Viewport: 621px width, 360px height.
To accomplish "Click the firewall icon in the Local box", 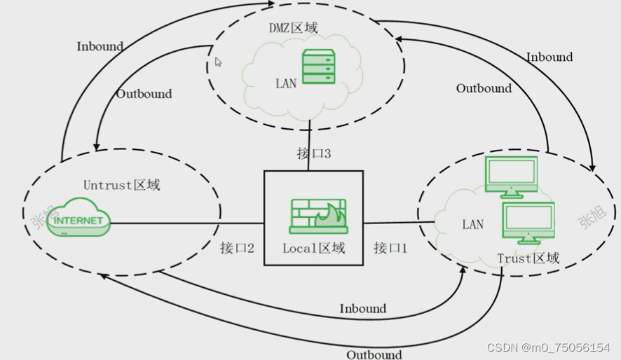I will click(318, 216).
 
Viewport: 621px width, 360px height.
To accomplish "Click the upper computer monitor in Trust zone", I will click(511, 176).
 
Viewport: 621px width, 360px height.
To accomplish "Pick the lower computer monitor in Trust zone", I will click(528, 222).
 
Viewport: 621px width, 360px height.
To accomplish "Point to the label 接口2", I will click(237, 247).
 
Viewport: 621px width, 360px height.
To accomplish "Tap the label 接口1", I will click(390, 247).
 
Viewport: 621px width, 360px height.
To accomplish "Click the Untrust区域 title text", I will click(122, 185).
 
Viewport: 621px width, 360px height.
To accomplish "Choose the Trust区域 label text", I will click(528, 258).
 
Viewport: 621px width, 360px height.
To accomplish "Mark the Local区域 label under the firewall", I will click(313, 248).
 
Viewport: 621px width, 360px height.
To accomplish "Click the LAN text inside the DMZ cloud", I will click(286, 83).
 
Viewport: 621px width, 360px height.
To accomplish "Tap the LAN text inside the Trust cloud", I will click(472, 224).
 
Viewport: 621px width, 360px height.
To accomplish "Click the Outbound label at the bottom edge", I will click(374, 354).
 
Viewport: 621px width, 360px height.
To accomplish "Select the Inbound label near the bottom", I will click(362, 308).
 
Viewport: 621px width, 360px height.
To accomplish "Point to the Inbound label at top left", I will click(100, 47).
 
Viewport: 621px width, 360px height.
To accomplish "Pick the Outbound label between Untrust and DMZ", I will click(144, 94).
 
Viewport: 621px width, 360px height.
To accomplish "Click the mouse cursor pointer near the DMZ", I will click(218, 62).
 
